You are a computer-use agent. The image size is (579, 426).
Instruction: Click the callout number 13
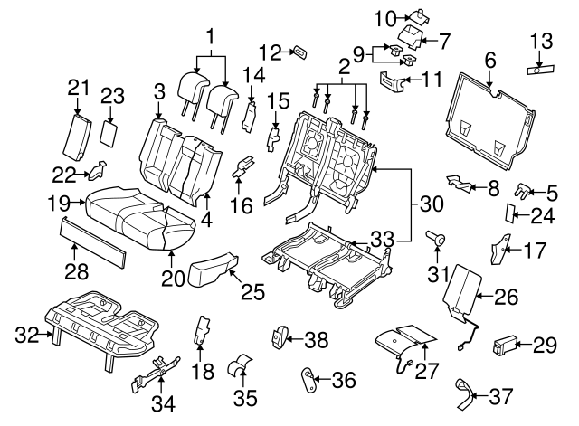click(542, 41)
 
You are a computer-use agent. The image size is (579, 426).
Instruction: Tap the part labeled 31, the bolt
click(436, 237)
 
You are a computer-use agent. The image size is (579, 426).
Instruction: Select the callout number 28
click(76, 271)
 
